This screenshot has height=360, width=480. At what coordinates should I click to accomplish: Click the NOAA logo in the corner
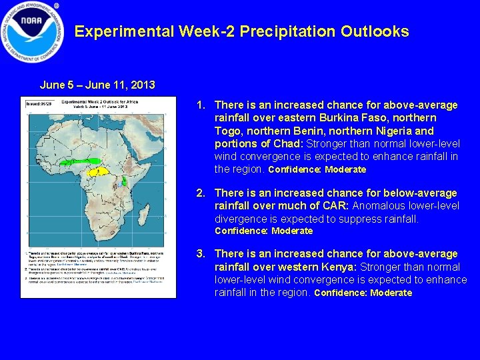pos(31,31)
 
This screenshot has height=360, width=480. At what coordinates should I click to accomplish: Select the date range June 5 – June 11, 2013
pos(97,85)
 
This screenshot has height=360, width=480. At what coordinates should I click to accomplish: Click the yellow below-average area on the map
pos(100,171)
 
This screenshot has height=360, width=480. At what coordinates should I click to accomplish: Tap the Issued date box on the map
pos(38,104)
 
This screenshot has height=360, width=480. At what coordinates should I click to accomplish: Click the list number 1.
pos(199,105)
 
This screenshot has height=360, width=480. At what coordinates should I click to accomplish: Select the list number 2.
pos(199,193)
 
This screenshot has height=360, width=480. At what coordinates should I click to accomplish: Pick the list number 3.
pos(199,254)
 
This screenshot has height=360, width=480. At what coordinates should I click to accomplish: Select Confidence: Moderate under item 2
pos(263,231)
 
